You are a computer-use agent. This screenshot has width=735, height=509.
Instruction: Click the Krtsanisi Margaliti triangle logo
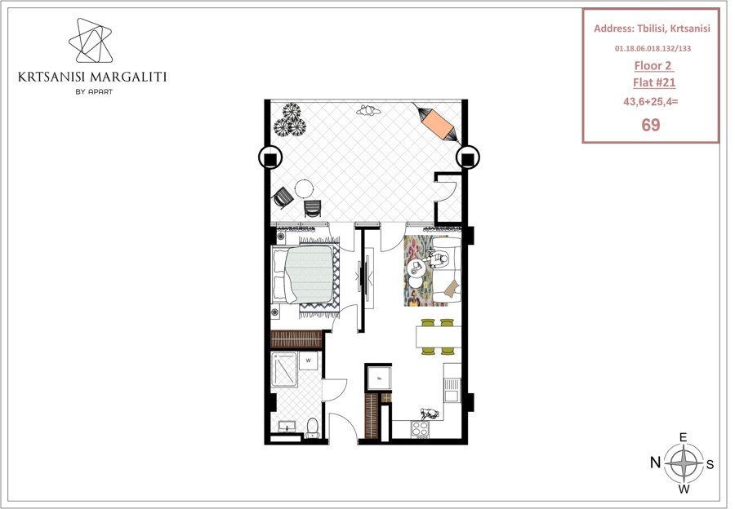point(91,41)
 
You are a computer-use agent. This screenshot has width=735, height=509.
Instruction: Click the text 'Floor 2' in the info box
point(653,65)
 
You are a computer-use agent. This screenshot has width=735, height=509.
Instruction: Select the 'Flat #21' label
point(654,82)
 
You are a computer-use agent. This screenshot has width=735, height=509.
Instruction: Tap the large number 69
point(651,125)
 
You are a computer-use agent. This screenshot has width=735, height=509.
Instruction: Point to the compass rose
point(684,463)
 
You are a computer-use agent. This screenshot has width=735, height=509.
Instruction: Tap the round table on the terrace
point(305,189)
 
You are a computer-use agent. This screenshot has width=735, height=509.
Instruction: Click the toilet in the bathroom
point(312,427)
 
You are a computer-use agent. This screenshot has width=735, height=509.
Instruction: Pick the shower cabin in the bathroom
point(284,370)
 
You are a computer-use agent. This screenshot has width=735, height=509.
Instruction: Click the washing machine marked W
point(309,361)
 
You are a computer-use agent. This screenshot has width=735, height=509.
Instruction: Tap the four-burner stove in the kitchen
point(420,428)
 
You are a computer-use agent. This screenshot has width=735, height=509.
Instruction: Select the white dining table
point(439,337)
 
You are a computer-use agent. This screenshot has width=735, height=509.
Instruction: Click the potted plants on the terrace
point(290,119)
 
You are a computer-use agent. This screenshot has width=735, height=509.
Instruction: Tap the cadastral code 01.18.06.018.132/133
point(653,48)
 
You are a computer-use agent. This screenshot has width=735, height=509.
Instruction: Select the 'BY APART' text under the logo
point(94,92)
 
